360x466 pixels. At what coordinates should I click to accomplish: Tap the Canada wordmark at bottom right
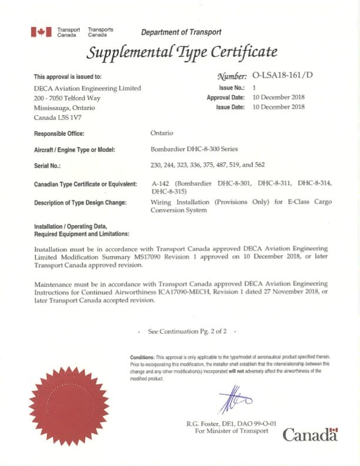[x=310, y=435]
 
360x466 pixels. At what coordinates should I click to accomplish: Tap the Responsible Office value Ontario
[x=162, y=134]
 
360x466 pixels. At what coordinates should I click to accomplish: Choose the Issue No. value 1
[x=254, y=87]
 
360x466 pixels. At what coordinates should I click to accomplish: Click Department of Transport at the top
[x=181, y=32]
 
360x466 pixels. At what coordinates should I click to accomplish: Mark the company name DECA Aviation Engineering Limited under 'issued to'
[x=88, y=88]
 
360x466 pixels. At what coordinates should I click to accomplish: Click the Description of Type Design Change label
[x=80, y=202]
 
